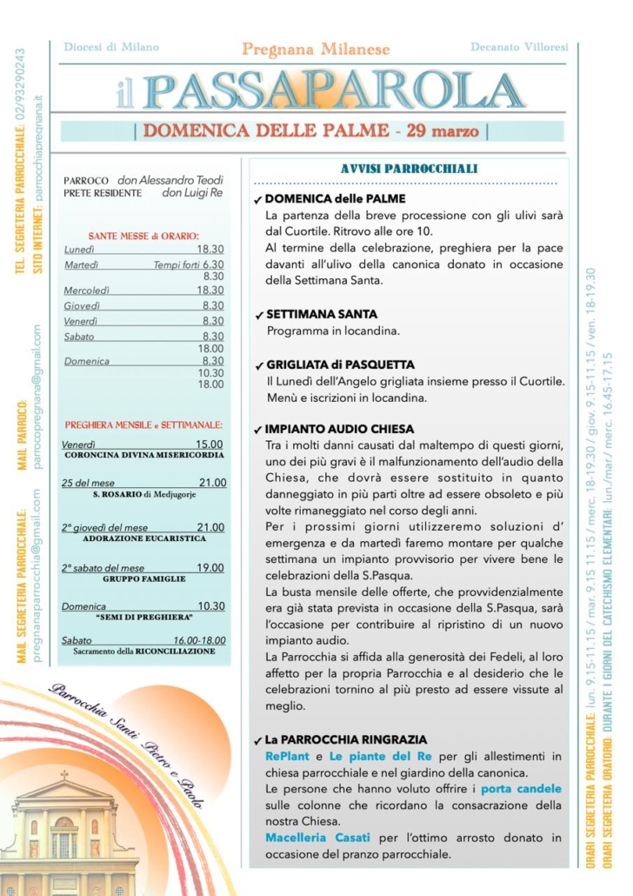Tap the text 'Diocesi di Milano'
click(x=111, y=46)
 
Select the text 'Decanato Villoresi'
click(x=519, y=46)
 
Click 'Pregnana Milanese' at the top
click(x=316, y=50)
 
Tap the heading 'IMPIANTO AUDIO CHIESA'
click(x=339, y=429)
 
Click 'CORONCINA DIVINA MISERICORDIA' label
click(x=144, y=455)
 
